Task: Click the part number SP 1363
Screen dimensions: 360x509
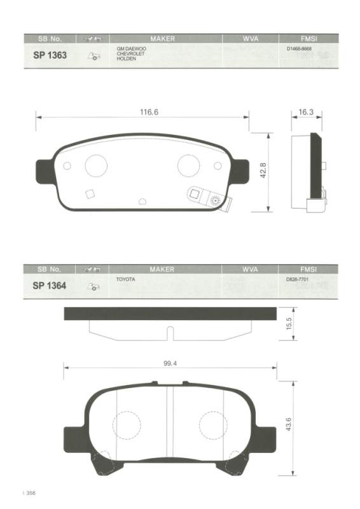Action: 50,55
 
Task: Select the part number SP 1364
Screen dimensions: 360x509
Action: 50,286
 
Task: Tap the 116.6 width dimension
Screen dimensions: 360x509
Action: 149,112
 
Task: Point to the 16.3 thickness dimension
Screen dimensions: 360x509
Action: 306,112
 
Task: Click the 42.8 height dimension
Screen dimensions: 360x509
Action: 263,171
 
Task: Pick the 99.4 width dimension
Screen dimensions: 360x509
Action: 170,363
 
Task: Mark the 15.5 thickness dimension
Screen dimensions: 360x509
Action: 289,324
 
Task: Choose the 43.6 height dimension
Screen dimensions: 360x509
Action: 289,424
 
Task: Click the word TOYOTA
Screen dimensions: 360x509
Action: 126,279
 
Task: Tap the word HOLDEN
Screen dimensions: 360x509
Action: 127,59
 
